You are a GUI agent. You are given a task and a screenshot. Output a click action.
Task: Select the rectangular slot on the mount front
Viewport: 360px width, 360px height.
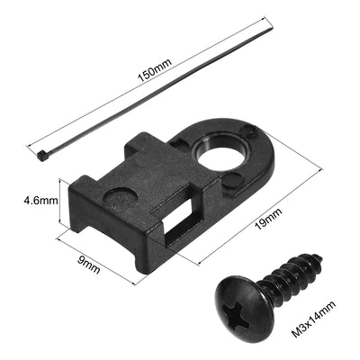click(x=178, y=215)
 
